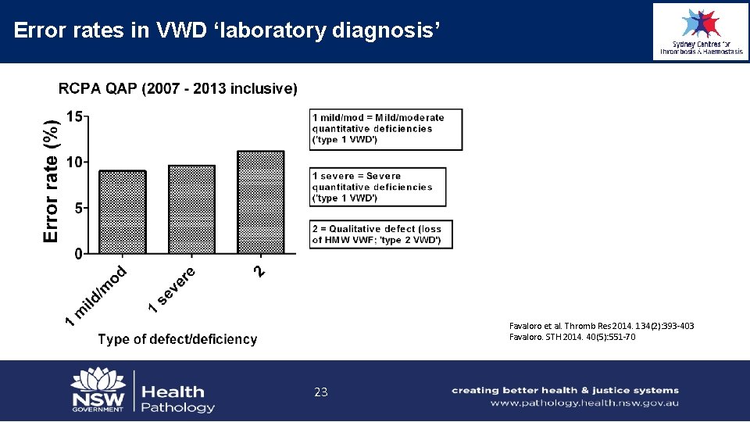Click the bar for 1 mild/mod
tap(123, 212)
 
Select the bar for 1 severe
tap(191, 209)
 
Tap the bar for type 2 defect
tap(261, 202)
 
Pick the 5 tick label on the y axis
tap(78, 208)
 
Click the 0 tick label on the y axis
tap(78, 254)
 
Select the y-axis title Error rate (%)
tap(52, 181)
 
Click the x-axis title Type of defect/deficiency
tap(177, 339)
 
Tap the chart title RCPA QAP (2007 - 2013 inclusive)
tap(178, 88)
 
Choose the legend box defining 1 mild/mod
tap(386, 129)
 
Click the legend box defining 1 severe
tap(378, 187)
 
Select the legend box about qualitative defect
tap(381, 234)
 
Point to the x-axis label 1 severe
tap(173, 288)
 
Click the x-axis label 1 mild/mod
tap(97, 296)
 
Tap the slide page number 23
tap(320, 392)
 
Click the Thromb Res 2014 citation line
tap(602, 326)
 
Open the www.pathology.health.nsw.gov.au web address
tap(584, 403)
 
